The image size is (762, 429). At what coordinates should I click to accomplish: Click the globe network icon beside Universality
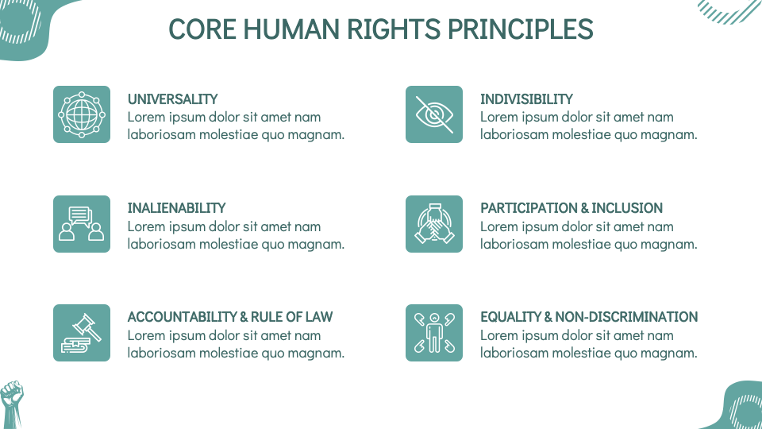[82, 114]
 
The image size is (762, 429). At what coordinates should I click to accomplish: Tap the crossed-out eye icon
[434, 114]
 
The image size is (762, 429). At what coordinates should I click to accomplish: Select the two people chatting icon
[82, 224]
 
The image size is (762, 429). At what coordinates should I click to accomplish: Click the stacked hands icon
[434, 224]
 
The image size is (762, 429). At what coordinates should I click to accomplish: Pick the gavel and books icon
[82, 333]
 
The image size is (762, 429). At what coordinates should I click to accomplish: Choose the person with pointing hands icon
[434, 333]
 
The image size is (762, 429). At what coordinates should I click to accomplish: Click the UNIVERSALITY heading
[172, 99]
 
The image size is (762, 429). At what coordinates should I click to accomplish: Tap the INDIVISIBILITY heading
[526, 99]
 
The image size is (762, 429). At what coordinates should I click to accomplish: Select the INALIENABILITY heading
[176, 208]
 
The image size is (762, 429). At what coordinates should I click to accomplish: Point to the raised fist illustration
[11, 404]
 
